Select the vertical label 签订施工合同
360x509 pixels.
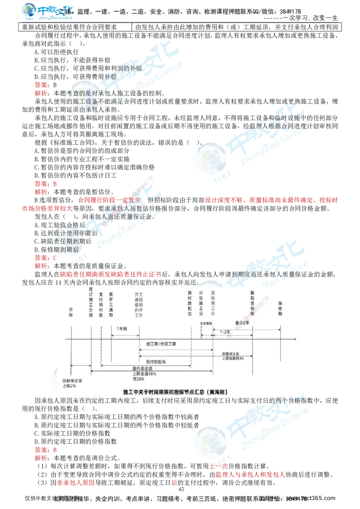(x=91, y=302)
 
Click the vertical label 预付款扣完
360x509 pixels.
(x=191, y=305)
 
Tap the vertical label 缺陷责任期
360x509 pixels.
(x=252, y=302)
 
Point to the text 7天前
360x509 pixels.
(x=121, y=329)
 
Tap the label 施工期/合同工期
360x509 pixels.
(x=161, y=344)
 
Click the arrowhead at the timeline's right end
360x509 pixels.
(x=294, y=339)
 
